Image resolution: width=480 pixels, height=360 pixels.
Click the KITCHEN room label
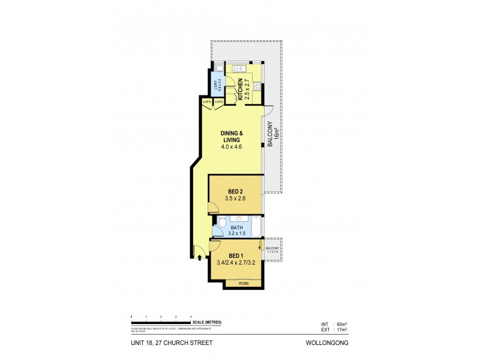[x=239, y=88]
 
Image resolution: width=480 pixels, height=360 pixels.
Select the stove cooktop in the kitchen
[x=257, y=86]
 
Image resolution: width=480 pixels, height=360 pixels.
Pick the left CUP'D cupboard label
[x=207, y=102]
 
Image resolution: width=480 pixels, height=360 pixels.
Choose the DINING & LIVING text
[x=232, y=136]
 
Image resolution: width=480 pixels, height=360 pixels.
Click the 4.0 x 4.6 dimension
[x=232, y=147]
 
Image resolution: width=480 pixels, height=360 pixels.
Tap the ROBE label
[x=243, y=283]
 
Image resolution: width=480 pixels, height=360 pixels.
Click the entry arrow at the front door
[x=199, y=258]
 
